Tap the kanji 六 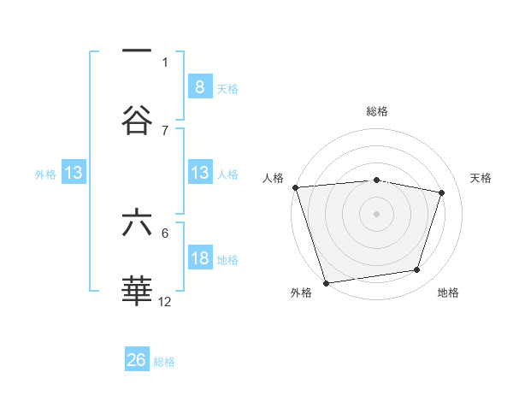point(137,223)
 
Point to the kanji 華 point(137,292)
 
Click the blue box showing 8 point(199,86)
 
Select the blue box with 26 point(137,360)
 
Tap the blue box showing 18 point(199,258)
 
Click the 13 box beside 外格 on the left point(74,173)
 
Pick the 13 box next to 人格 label point(199,173)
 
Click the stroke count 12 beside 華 point(165,301)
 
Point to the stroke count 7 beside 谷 point(165,130)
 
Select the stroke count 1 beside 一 point(165,62)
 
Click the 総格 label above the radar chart point(376,111)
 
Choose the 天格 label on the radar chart point(481,178)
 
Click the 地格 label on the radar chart point(448,293)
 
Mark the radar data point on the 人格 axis point(295,187)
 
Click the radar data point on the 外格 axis point(326,282)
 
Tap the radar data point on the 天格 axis point(441,192)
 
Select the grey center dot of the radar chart point(376,213)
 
